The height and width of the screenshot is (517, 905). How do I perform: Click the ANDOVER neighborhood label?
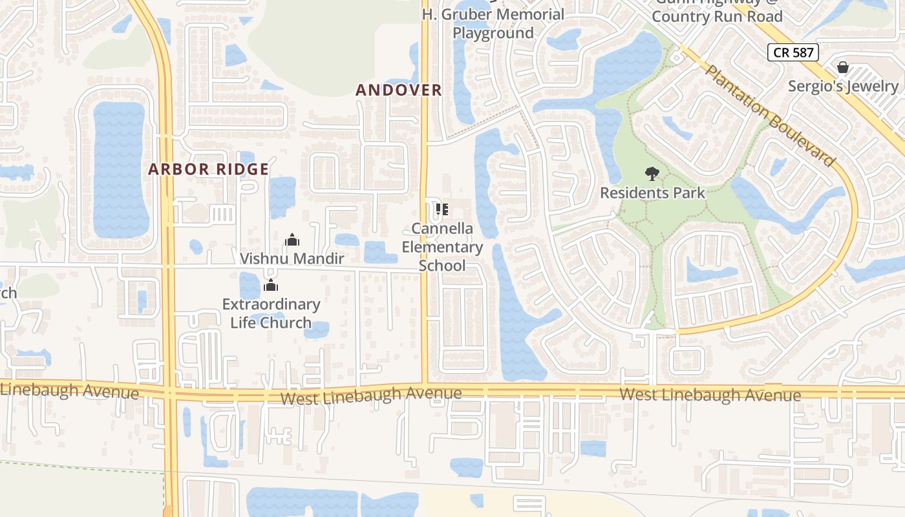click(399, 90)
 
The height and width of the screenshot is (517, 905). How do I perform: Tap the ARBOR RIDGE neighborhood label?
click(208, 169)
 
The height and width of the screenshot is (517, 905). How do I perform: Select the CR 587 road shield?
click(793, 52)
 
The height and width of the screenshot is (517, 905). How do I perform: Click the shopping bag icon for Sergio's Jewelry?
click(843, 67)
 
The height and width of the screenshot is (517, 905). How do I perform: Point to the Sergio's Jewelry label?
click(843, 86)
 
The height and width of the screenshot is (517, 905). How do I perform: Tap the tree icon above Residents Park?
click(652, 174)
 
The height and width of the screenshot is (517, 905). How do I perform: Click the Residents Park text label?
click(652, 193)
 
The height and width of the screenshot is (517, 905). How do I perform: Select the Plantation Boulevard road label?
click(769, 116)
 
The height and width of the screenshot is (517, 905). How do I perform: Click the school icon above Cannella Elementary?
click(442, 209)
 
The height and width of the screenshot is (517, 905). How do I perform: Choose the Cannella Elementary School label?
click(442, 247)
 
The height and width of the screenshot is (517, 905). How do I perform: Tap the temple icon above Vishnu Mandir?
click(292, 240)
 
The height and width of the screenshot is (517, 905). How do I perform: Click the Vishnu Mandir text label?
click(292, 258)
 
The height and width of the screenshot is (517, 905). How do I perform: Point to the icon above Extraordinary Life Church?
click(271, 285)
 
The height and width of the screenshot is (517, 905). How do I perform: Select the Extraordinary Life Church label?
click(271, 313)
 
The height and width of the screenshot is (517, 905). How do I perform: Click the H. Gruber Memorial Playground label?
click(493, 23)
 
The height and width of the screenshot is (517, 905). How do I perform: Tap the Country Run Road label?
click(717, 16)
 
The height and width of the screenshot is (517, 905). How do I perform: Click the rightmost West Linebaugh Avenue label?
click(710, 394)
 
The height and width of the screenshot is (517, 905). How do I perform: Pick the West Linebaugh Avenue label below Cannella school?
click(371, 395)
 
